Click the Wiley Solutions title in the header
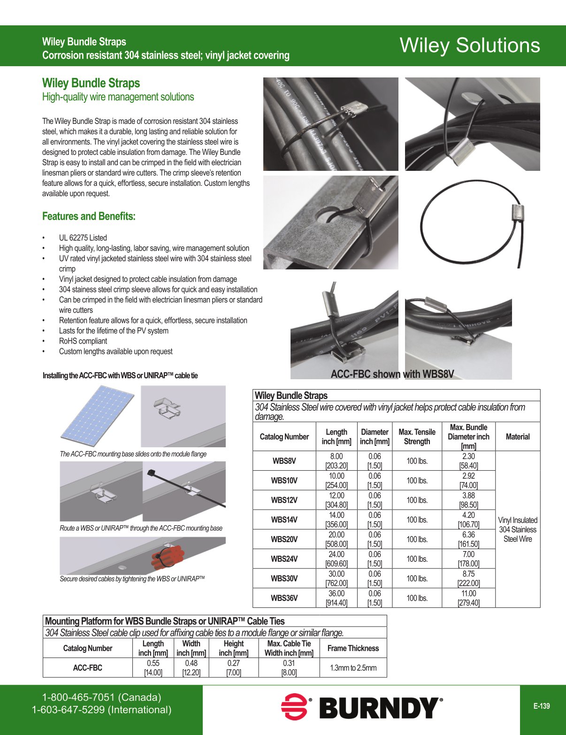click(469, 46)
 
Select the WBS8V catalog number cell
click(284, 461)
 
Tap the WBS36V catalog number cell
click(284, 598)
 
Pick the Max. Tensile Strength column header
click(417, 436)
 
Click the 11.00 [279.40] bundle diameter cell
click(468, 598)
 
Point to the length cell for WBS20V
click(336, 539)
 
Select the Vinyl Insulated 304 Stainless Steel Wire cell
click(517, 529)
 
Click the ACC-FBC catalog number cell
click(87, 667)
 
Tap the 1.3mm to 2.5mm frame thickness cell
click(353, 667)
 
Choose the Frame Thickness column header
click(353, 648)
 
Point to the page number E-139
click(541, 706)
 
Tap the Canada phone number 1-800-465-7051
click(101, 697)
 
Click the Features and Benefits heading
click(89, 216)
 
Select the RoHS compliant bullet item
click(83, 341)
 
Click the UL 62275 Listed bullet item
click(83, 238)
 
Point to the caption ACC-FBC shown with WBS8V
click(392, 374)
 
